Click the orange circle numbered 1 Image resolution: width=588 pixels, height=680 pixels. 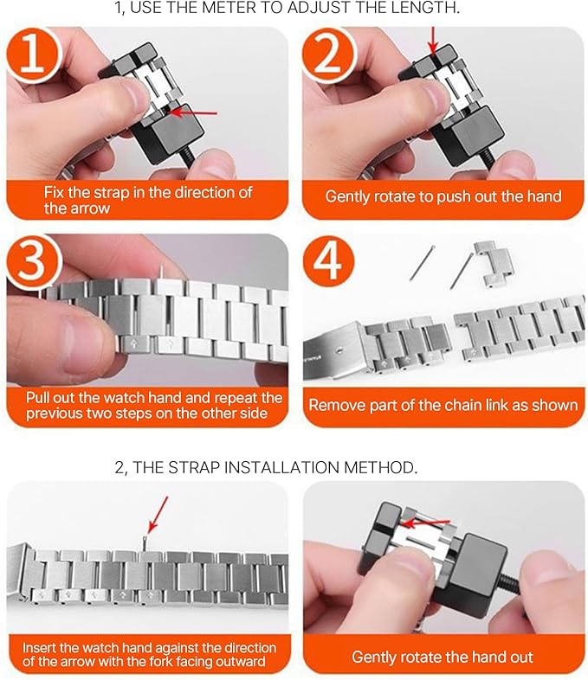point(33,55)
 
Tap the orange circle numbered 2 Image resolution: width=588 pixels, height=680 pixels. point(328,55)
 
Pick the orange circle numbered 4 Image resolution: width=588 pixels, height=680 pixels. point(328,262)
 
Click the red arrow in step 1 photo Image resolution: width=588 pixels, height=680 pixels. point(193,112)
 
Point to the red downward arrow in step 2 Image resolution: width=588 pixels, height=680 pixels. point(433,41)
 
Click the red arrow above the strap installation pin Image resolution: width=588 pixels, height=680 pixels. point(157,515)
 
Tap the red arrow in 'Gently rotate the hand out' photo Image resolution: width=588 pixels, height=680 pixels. point(426,523)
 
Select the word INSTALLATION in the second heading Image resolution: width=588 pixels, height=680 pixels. point(281,467)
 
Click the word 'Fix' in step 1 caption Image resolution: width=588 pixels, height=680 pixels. point(54,192)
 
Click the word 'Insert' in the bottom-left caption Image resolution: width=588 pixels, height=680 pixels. point(39,647)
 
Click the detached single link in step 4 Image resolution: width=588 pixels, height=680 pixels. point(494,264)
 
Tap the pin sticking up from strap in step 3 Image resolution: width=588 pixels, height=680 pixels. point(162,273)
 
